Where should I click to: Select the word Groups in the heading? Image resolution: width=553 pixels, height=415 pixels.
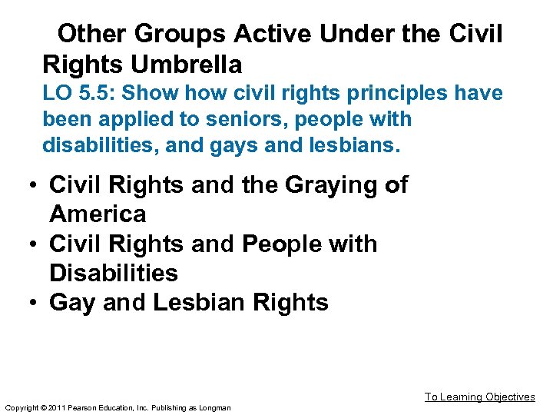180,34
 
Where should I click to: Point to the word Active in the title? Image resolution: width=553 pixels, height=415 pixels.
273,34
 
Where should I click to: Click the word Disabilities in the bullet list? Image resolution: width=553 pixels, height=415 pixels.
113,273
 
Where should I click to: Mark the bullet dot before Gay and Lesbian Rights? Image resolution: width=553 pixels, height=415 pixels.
35,303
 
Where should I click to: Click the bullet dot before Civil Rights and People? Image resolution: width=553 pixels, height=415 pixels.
35,244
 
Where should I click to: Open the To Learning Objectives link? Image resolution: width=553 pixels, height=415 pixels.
479,397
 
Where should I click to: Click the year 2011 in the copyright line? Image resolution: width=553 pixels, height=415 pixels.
58,407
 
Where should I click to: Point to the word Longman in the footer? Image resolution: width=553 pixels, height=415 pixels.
214,407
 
